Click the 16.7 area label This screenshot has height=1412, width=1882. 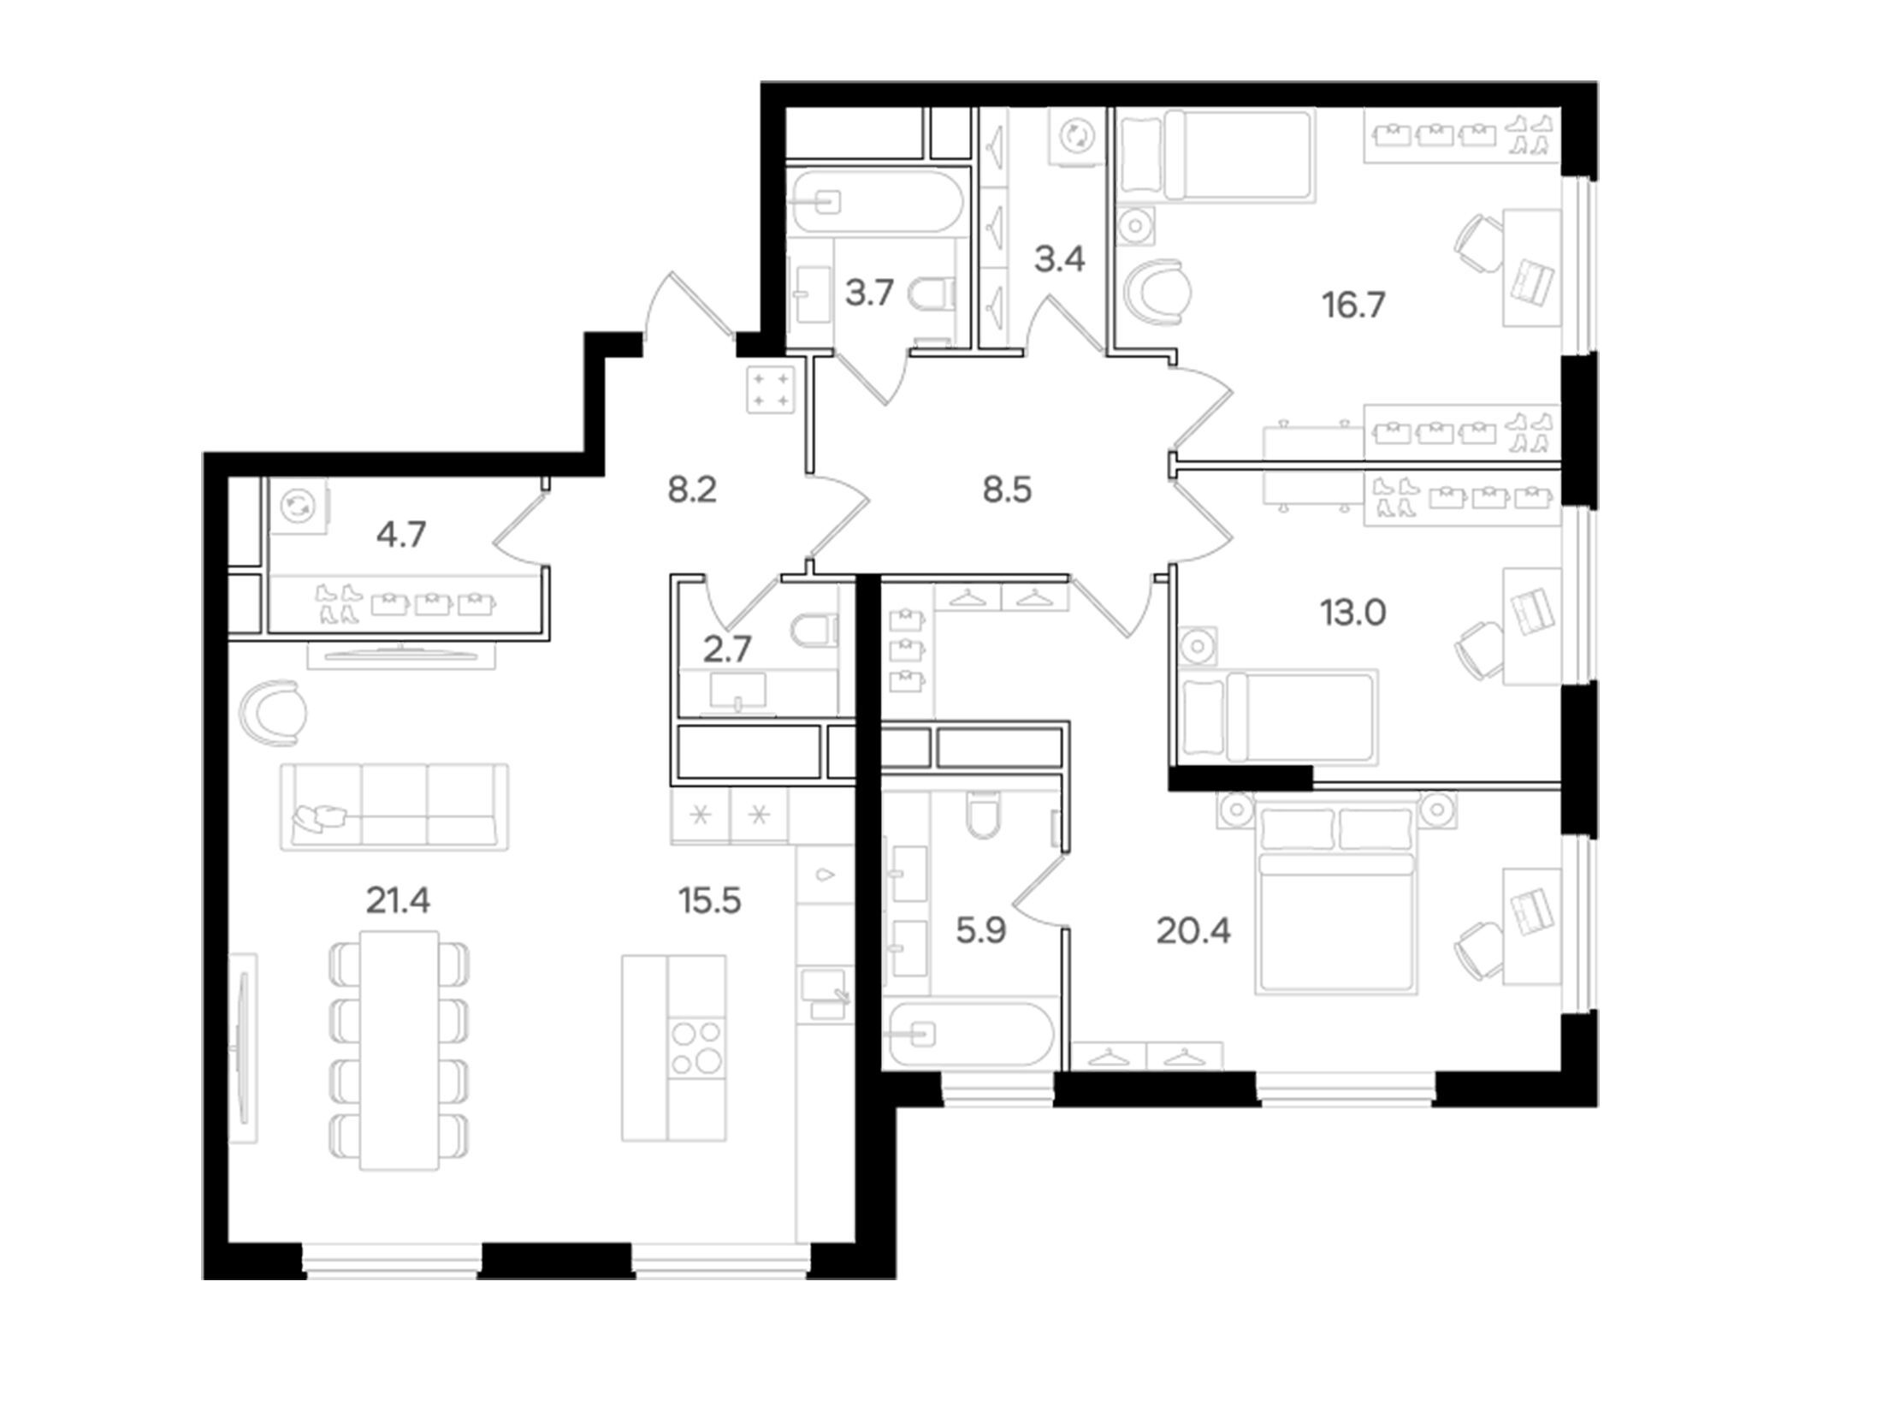[1353, 306]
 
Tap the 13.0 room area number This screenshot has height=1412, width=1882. [1353, 613]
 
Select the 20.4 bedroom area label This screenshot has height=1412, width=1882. [1193, 931]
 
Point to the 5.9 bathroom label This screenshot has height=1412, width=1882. [981, 931]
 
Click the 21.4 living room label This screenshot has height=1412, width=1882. [398, 900]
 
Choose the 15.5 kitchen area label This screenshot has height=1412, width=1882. [709, 900]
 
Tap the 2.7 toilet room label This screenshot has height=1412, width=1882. [727, 650]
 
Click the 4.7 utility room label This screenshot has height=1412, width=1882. [401, 535]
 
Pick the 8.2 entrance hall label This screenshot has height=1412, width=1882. [692, 490]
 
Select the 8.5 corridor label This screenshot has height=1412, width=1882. [1007, 490]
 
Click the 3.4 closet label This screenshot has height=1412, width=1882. [1060, 258]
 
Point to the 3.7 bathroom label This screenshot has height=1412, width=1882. [869, 294]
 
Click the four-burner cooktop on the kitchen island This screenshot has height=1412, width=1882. [696, 1048]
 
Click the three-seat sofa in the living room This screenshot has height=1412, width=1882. [394, 806]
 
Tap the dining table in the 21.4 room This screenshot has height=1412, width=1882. [399, 1050]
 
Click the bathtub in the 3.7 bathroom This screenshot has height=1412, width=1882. [875, 202]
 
